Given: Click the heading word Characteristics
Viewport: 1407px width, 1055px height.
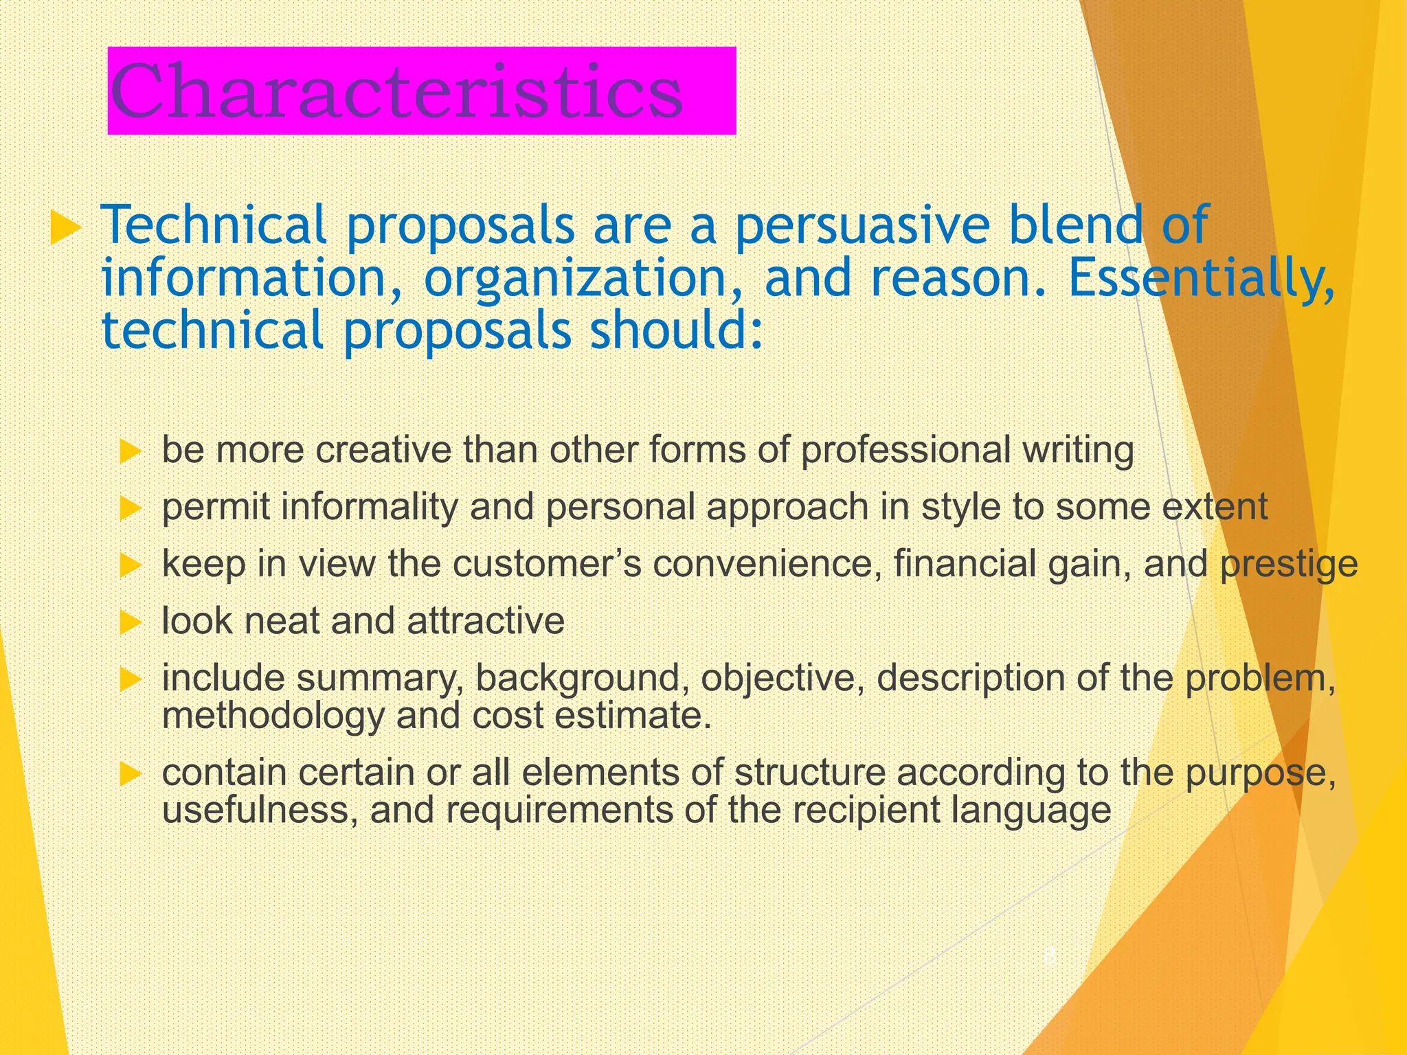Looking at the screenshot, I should pyautogui.click(x=396, y=92).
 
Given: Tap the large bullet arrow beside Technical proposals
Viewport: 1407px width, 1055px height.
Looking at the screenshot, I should pyautogui.click(x=66, y=229).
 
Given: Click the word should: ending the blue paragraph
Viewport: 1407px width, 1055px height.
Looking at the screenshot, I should pyautogui.click(x=677, y=330).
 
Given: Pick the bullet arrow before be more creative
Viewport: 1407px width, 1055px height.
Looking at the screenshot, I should pyautogui.click(x=130, y=452).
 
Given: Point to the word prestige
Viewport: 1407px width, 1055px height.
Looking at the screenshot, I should pyautogui.click(x=1289, y=564).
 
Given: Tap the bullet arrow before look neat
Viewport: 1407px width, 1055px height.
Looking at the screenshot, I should pyautogui.click(x=130, y=623).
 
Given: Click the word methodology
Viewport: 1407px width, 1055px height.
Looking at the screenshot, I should pyautogui.click(x=273, y=716).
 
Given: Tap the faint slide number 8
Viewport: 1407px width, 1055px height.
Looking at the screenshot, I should pyautogui.click(x=1050, y=956).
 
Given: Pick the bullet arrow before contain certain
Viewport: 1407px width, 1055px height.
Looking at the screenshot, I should pyautogui.click(x=130, y=775).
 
